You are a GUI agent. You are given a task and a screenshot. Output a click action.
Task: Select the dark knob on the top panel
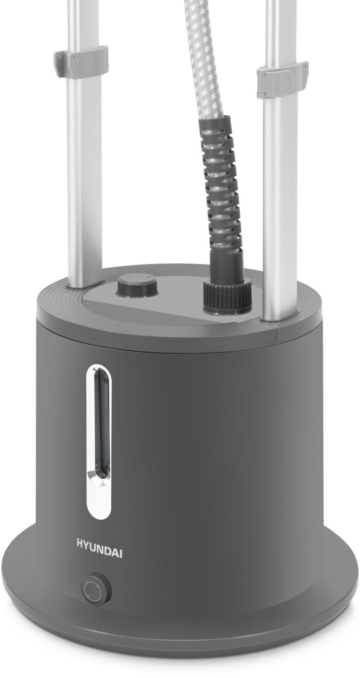tap(137, 285)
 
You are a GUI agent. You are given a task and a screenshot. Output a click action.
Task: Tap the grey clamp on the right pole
tap(282, 79)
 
